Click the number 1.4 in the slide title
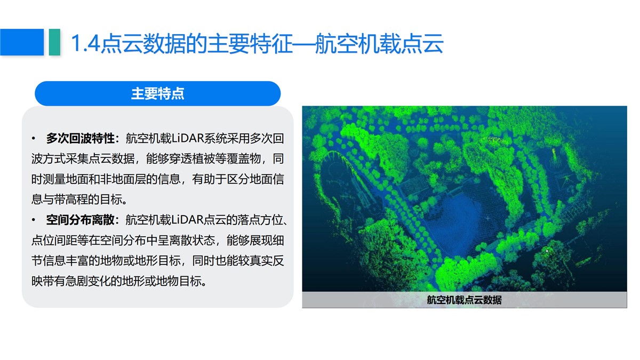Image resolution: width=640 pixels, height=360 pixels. pos(86,43)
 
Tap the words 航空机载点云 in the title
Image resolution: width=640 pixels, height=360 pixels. pos(379,43)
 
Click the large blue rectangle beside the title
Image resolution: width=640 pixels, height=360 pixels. pos(22,42)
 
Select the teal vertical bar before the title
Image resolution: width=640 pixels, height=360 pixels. pos(54,42)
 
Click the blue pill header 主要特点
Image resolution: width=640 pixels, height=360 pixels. pos(158,93)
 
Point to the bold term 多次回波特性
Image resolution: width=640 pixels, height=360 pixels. pos(81,139)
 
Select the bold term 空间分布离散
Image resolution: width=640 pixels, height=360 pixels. pos(81,220)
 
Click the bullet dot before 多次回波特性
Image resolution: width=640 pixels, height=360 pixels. pos(34,139)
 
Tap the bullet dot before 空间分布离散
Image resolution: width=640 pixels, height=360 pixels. pos(34,220)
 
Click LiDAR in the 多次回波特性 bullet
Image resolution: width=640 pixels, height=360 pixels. pos(187,139)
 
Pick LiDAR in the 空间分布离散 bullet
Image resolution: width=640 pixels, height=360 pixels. pos(187,220)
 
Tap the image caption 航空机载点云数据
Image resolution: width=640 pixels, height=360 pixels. pos(465,300)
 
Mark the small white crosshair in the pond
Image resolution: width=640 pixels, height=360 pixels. pos(488,219)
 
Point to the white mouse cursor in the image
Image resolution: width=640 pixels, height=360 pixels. pos(547,251)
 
